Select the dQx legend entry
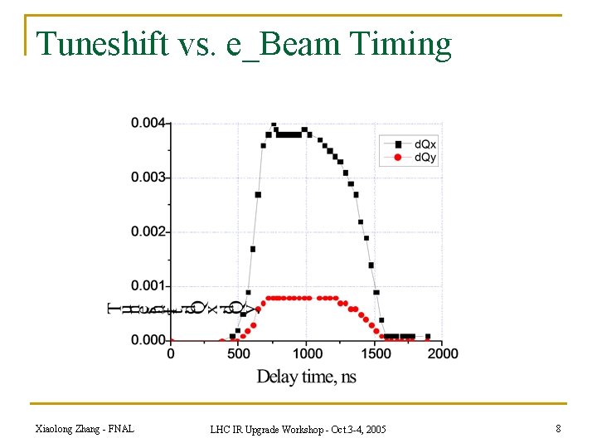pos(425,144)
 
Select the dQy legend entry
pos(425,157)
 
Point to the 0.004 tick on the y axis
pos(149,124)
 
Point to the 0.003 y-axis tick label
pos(149,178)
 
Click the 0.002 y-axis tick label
pos(149,231)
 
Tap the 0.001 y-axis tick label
pos(149,286)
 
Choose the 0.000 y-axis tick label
pos(149,340)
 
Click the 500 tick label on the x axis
pos(239,353)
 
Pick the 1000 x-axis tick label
pos(306,353)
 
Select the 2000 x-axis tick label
pos(443,353)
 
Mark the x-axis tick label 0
pos(171,353)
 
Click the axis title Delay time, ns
pos(306,377)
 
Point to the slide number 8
pos(558,428)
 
